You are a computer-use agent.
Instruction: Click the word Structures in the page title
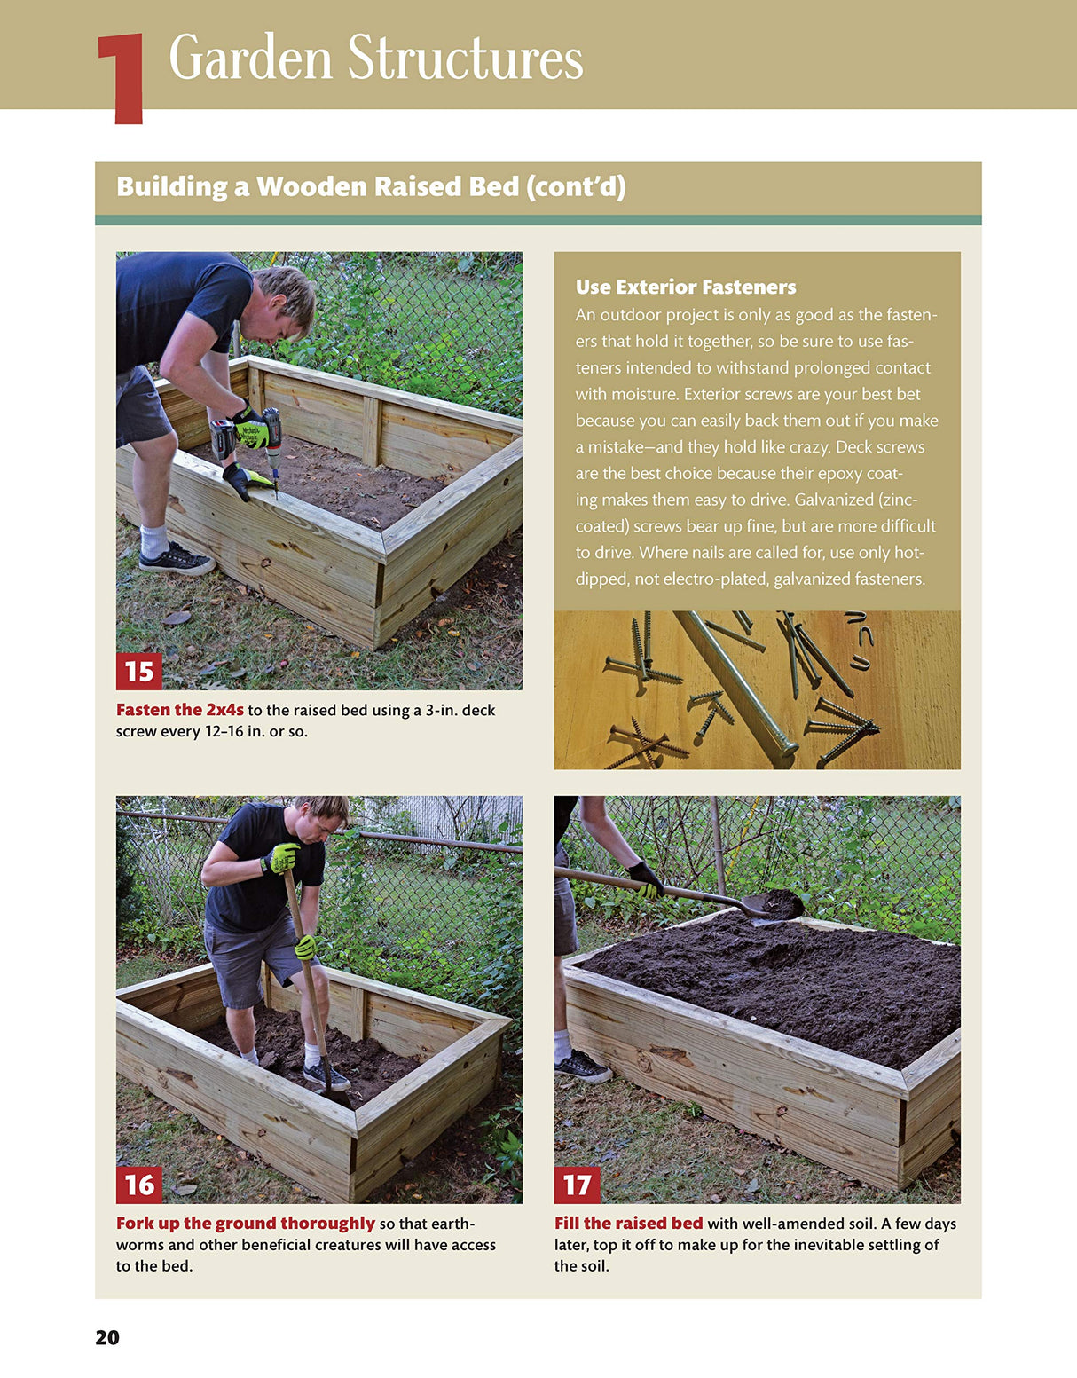point(465,59)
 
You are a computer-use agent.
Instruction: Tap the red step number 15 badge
point(138,671)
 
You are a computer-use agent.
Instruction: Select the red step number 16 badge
point(138,1185)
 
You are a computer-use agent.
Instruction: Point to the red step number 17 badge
point(577,1185)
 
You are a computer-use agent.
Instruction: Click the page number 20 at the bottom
point(107,1337)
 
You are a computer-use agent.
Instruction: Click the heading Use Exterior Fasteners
point(685,287)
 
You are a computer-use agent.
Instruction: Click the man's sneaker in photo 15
point(176,559)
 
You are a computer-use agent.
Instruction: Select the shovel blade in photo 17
point(774,905)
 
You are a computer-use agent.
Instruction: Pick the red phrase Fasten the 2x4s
point(179,710)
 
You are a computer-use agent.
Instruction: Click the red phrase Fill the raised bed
point(628,1223)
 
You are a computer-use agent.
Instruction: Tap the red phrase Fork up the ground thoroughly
point(246,1223)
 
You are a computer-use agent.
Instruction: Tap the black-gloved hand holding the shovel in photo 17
point(645,878)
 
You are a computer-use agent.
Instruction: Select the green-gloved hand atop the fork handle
point(282,858)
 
